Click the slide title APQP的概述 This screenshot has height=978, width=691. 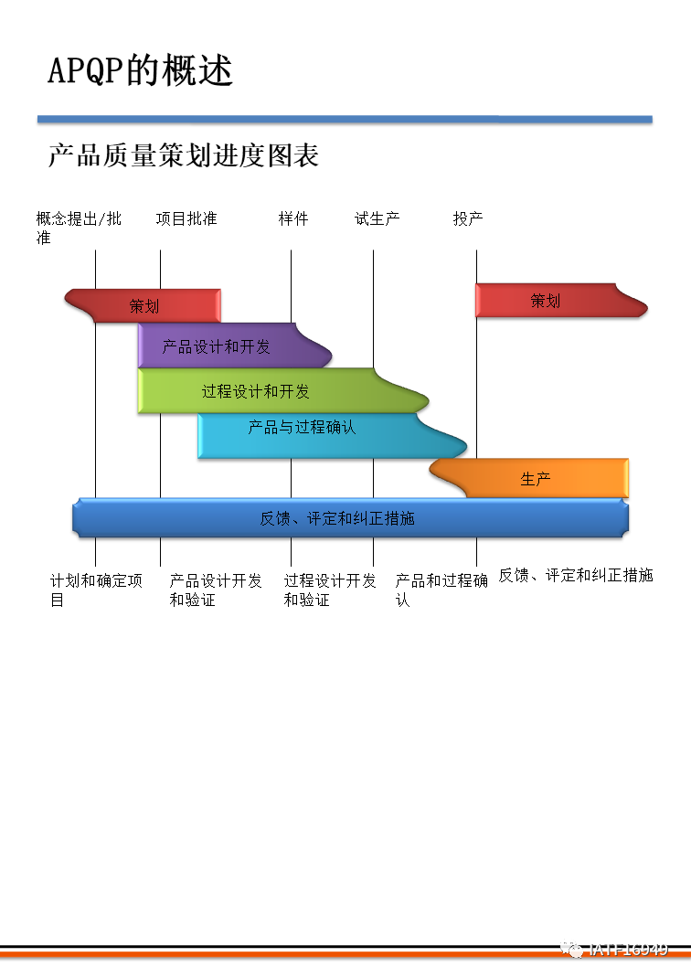(x=140, y=70)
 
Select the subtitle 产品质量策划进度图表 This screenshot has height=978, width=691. (x=183, y=155)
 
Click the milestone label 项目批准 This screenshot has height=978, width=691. (x=186, y=218)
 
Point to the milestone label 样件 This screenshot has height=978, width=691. (x=293, y=218)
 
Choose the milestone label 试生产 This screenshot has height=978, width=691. (x=377, y=218)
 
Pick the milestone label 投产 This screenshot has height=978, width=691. (x=468, y=218)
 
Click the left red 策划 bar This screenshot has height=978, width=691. (x=144, y=305)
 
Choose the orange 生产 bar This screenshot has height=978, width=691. (x=536, y=478)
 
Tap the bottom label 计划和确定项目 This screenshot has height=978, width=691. (x=96, y=590)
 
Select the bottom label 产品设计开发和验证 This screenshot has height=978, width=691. (x=216, y=590)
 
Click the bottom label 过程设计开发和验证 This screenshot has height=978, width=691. (x=329, y=590)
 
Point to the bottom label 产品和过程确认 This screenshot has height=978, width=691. (x=441, y=590)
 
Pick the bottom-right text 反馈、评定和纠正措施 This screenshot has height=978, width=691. (x=575, y=575)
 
